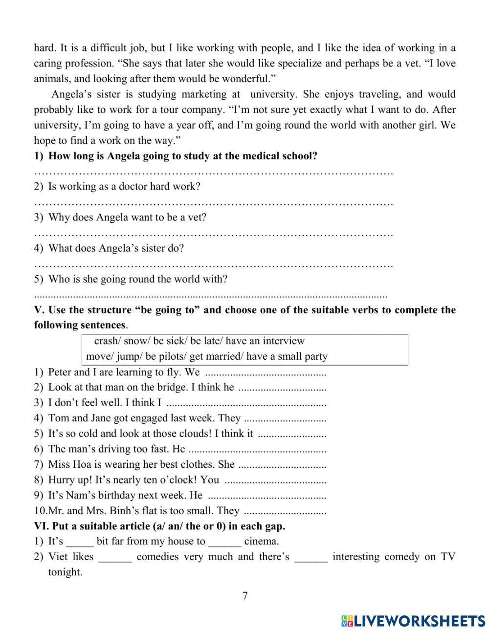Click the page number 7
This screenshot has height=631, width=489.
[x=244, y=595]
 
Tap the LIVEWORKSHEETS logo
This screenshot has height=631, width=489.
[x=413, y=620]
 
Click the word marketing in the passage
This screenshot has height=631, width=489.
[x=204, y=94]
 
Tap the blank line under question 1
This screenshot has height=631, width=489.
[x=214, y=173]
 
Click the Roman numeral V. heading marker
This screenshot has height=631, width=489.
[x=39, y=310]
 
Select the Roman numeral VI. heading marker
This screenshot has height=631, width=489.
[x=41, y=526]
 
